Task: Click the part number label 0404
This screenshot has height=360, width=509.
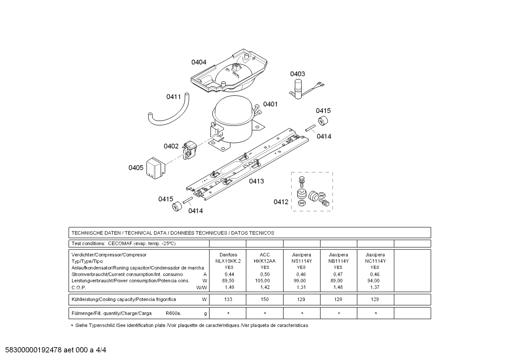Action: tap(199, 62)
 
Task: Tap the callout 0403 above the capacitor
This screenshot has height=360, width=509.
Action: tap(298, 74)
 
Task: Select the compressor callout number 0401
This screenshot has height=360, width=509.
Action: tap(270, 104)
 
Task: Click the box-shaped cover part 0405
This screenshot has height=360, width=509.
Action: tap(156, 168)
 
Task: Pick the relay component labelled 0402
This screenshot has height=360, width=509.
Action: tap(190, 150)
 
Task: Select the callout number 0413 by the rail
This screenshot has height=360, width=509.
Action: tap(256, 181)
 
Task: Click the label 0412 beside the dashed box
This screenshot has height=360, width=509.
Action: tap(281, 202)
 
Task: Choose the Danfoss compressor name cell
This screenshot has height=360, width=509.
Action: tap(228, 255)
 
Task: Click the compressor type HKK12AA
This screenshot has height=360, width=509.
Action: tap(264, 261)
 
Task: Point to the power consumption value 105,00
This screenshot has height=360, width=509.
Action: tap(263, 281)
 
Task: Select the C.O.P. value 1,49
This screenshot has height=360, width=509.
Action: tap(229, 287)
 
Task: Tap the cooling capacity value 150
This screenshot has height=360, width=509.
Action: tap(265, 299)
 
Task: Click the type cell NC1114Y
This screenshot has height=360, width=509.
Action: tap(375, 261)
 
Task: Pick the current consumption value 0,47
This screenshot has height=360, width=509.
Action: tap(338, 274)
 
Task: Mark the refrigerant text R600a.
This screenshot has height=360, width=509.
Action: tap(173, 313)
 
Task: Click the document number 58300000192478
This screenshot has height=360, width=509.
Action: tap(34, 350)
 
